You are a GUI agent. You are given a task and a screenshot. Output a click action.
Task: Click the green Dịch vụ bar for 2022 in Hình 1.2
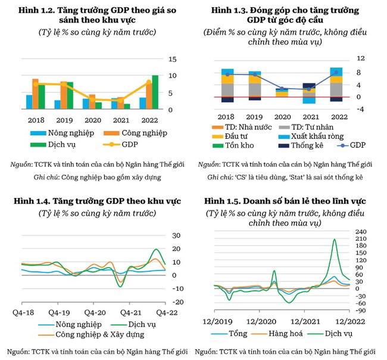tap(155, 92)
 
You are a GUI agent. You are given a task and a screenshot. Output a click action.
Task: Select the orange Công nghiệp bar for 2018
tap(35, 94)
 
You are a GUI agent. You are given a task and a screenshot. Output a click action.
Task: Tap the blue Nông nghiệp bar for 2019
tap(57, 105)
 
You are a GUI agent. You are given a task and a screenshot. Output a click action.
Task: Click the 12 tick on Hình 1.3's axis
tap(360, 59)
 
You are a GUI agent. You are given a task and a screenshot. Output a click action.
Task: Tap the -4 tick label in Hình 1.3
tap(360, 109)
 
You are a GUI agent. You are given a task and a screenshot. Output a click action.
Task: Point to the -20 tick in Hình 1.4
tap(176, 302)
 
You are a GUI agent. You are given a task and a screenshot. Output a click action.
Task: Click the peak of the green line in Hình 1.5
tap(334, 240)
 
